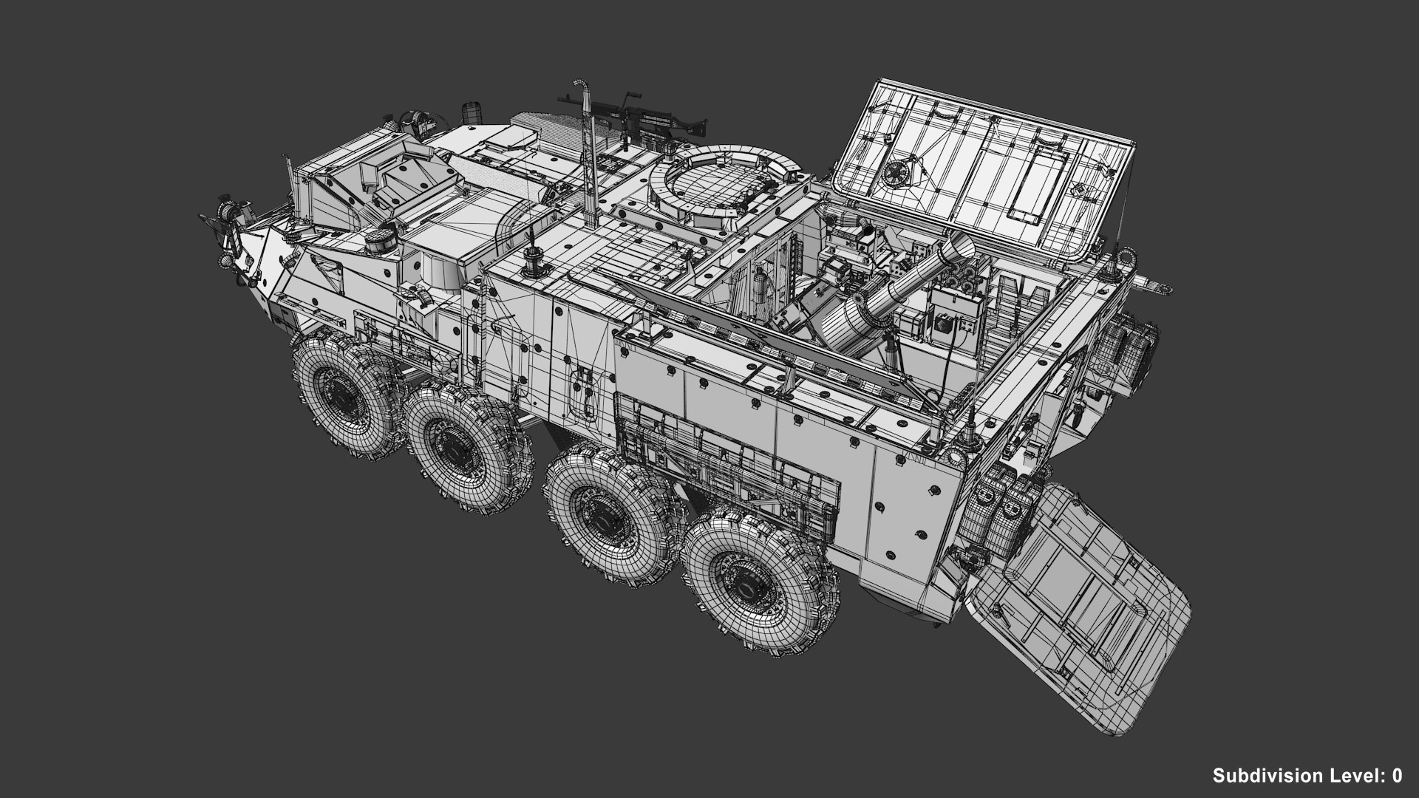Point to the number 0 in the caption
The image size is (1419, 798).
(1396, 775)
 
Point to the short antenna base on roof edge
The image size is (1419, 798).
(532, 255)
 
